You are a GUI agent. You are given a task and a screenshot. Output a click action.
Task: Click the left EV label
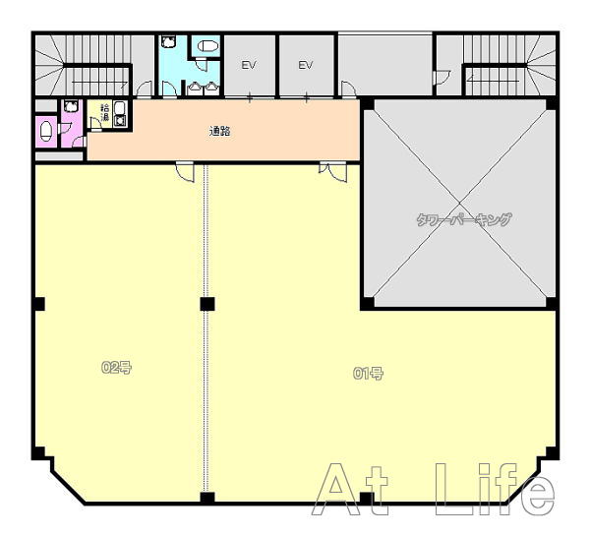tap(249, 65)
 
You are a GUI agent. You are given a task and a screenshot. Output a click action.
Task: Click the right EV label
tap(306, 65)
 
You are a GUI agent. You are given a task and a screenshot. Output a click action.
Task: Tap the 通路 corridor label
tap(220, 132)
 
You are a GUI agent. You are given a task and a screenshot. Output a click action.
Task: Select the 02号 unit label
tap(116, 368)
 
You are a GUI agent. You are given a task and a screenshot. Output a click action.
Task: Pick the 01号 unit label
tap(368, 373)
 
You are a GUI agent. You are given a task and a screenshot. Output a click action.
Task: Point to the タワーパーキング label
tap(464, 219)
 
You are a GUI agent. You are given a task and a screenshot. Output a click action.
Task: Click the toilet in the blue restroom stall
tap(208, 46)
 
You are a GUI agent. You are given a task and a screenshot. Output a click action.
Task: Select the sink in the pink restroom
tap(71, 106)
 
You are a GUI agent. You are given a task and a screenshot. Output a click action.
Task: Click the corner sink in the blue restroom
tap(168, 41)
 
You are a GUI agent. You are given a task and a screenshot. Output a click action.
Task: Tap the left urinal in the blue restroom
tap(194, 89)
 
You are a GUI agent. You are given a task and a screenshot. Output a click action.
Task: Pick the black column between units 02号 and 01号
tap(207, 304)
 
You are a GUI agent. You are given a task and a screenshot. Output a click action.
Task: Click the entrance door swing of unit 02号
tap(185, 172)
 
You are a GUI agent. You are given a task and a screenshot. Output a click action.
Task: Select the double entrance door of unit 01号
tap(332, 172)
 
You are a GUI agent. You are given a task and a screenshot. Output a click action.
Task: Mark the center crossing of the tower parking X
tap(459, 204)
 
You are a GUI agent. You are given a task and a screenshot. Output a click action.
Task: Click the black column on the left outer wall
tap(38, 304)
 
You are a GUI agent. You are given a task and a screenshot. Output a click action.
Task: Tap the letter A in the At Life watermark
tap(336, 490)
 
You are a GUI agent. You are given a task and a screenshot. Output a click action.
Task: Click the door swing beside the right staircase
tap(442, 78)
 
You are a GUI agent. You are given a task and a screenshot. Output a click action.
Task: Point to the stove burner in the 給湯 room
tap(121, 121)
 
